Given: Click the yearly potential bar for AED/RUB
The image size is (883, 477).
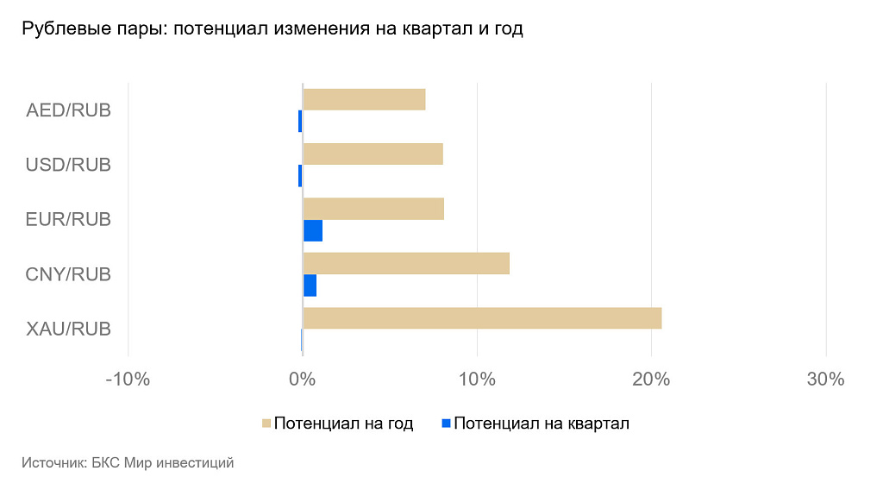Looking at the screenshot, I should click(x=364, y=99).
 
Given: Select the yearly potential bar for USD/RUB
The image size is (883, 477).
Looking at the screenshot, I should click(x=373, y=154).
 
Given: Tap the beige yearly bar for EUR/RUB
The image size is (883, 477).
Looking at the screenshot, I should click(x=373, y=209).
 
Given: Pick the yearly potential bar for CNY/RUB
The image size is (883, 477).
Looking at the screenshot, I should click(x=406, y=263).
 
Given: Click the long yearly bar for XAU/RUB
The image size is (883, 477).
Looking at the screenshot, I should click(x=482, y=317).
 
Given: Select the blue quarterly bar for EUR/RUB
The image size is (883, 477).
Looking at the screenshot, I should click(x=312, y=230).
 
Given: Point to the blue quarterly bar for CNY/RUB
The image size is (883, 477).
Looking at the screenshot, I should click(x=310, y=285).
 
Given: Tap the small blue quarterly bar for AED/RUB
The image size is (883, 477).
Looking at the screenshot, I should click(x=300, y=121).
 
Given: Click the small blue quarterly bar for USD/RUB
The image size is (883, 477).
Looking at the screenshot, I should click(x=300, y=176).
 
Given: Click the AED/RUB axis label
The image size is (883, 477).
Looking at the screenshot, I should click(x=69, y=110).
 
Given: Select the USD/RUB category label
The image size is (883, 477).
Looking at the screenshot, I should click(x=69, y=165).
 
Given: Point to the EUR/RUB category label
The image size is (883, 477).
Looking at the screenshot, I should click(x=69, y=219).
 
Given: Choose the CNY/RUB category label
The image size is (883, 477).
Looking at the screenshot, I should click(x=69, y=274).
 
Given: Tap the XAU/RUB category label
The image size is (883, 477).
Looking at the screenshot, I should click(x=69, y=329).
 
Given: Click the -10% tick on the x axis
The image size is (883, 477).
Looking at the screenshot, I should click(x=128, y=380).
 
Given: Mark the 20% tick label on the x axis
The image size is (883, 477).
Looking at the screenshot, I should click(x=651, y=380).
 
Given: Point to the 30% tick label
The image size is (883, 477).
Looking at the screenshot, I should click(x=825, y=380).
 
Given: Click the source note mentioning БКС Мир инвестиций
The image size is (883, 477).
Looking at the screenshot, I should click(x=128, y=463).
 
